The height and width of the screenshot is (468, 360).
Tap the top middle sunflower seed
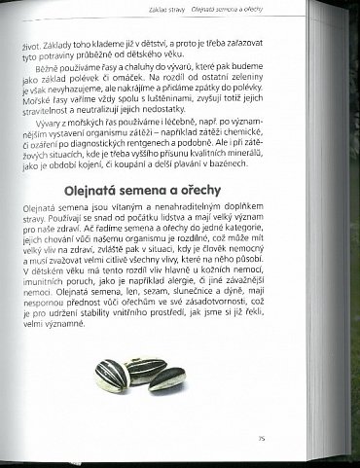tap(146, 365)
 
